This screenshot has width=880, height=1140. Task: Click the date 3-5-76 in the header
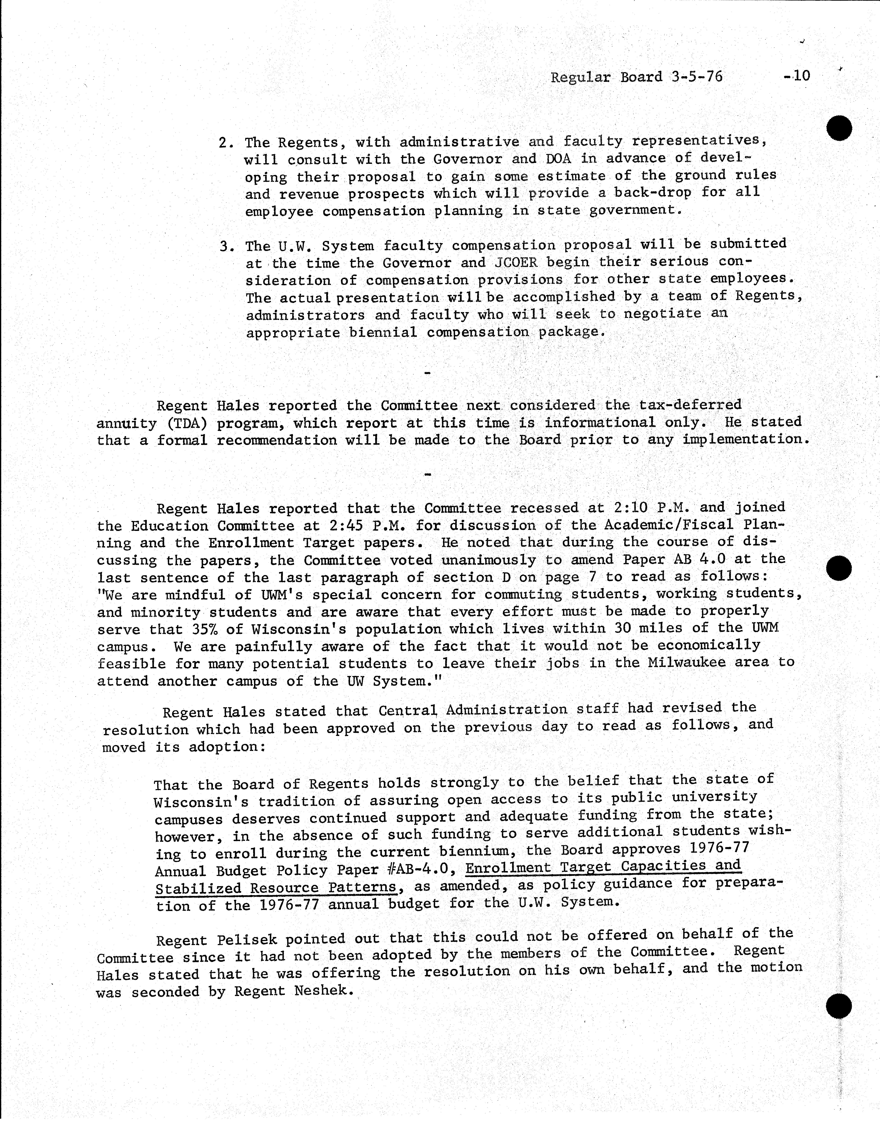[697, 77]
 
